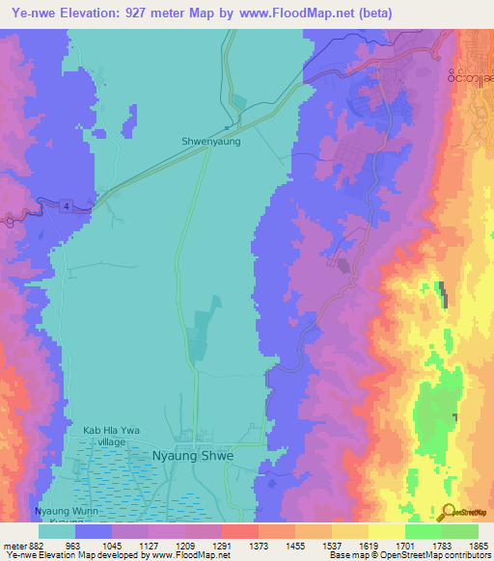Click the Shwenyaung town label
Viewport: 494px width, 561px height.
point(210,141)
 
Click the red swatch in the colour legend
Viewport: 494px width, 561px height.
point(239,531)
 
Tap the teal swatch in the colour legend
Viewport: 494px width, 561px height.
point(56,531)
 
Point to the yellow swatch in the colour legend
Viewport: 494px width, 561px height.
point(386,531)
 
